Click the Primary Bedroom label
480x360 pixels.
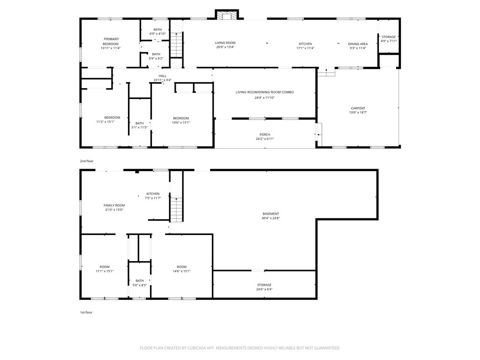[x=111, y=41]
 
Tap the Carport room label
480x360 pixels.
[x=358, y=108]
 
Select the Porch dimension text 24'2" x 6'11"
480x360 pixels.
[x=265, y=139]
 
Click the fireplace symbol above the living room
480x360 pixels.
[x=227, y=15]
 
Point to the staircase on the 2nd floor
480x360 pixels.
[x=176, y=45]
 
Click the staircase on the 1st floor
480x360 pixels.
[x=176, y=210]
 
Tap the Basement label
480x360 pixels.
[x=270, y=214]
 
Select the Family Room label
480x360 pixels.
[x=114, y=205]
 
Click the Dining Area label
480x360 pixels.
[x=358, y=44]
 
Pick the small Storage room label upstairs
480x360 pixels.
[x=389, y=37]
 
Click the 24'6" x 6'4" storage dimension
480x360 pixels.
[x=264, y=289]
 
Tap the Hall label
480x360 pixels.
[x=163, y=76]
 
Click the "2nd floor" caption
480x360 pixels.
[x=87, y=161]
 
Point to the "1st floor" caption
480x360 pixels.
[x=86, y=312]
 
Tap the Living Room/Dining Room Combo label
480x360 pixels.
[x=265, y=92]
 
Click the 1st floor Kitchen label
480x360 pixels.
[x=153, y=194]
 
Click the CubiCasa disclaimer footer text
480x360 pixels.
[x=240, y=348]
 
